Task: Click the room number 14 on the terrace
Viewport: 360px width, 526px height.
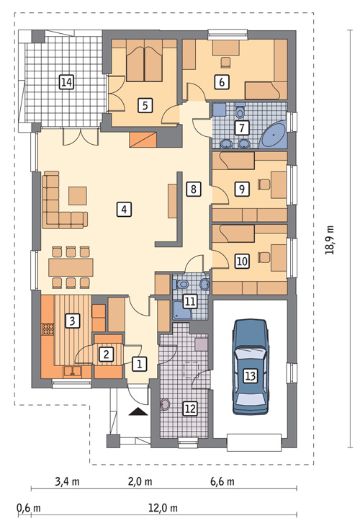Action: [x=66, y=82]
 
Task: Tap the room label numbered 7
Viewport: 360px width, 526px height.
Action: [x=242, y=128]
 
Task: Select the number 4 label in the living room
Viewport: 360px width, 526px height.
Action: [x=124, y=210]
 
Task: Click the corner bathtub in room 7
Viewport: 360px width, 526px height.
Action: [x=274, y=135]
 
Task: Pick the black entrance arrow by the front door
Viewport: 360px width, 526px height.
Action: [x=138, y=411]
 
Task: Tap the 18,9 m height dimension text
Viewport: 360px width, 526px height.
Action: [x=330, y=239]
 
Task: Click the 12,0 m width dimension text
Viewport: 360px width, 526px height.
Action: [x=163, y=508]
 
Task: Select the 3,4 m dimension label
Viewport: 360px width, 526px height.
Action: [x=67, y=482]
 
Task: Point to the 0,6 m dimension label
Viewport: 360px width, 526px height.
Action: [x=29, y=508]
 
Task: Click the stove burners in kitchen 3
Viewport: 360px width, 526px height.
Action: [x=48, y=329]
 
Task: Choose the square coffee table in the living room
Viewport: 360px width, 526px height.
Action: [x=78, y=196]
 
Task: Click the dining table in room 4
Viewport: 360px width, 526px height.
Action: [x=71, y=267]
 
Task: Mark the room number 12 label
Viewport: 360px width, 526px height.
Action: [x=190, y=409]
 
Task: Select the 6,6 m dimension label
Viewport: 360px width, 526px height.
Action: [x=222, y=482]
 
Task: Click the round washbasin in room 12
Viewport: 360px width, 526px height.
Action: [x=165, y=404]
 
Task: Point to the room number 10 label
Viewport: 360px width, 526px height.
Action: [x=242, y=262]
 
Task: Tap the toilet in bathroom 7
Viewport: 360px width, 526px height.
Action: [x=240, y=112]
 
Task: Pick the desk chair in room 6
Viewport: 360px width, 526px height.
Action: [x=226, y=62]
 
